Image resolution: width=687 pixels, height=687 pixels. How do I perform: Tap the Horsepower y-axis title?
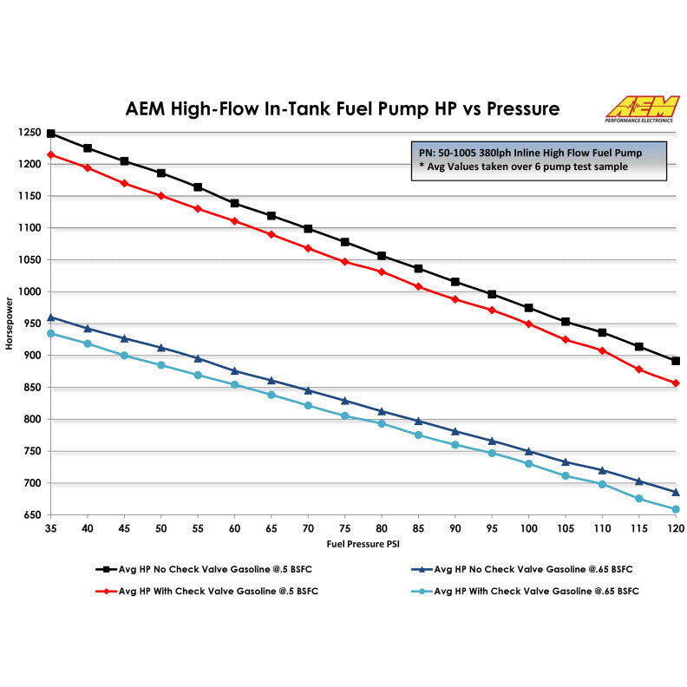point(10,324)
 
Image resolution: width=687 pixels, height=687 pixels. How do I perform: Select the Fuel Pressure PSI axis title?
point(364,543)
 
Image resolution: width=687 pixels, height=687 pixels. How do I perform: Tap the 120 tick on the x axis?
point(676,527)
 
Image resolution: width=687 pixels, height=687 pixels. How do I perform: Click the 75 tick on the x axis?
point(345,527)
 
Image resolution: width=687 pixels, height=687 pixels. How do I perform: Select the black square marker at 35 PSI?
point(51,134)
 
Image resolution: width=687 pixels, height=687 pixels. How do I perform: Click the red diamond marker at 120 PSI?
point(676,383)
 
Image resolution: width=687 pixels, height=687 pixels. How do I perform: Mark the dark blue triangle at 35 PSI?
point(51,317)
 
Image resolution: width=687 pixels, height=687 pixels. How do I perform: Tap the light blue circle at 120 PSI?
point(676,509)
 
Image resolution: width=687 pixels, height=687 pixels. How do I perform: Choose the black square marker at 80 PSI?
point(382,256)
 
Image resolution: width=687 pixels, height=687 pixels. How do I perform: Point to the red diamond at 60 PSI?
point(234,220)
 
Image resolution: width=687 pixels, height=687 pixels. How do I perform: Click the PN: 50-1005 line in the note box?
point(531,152)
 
